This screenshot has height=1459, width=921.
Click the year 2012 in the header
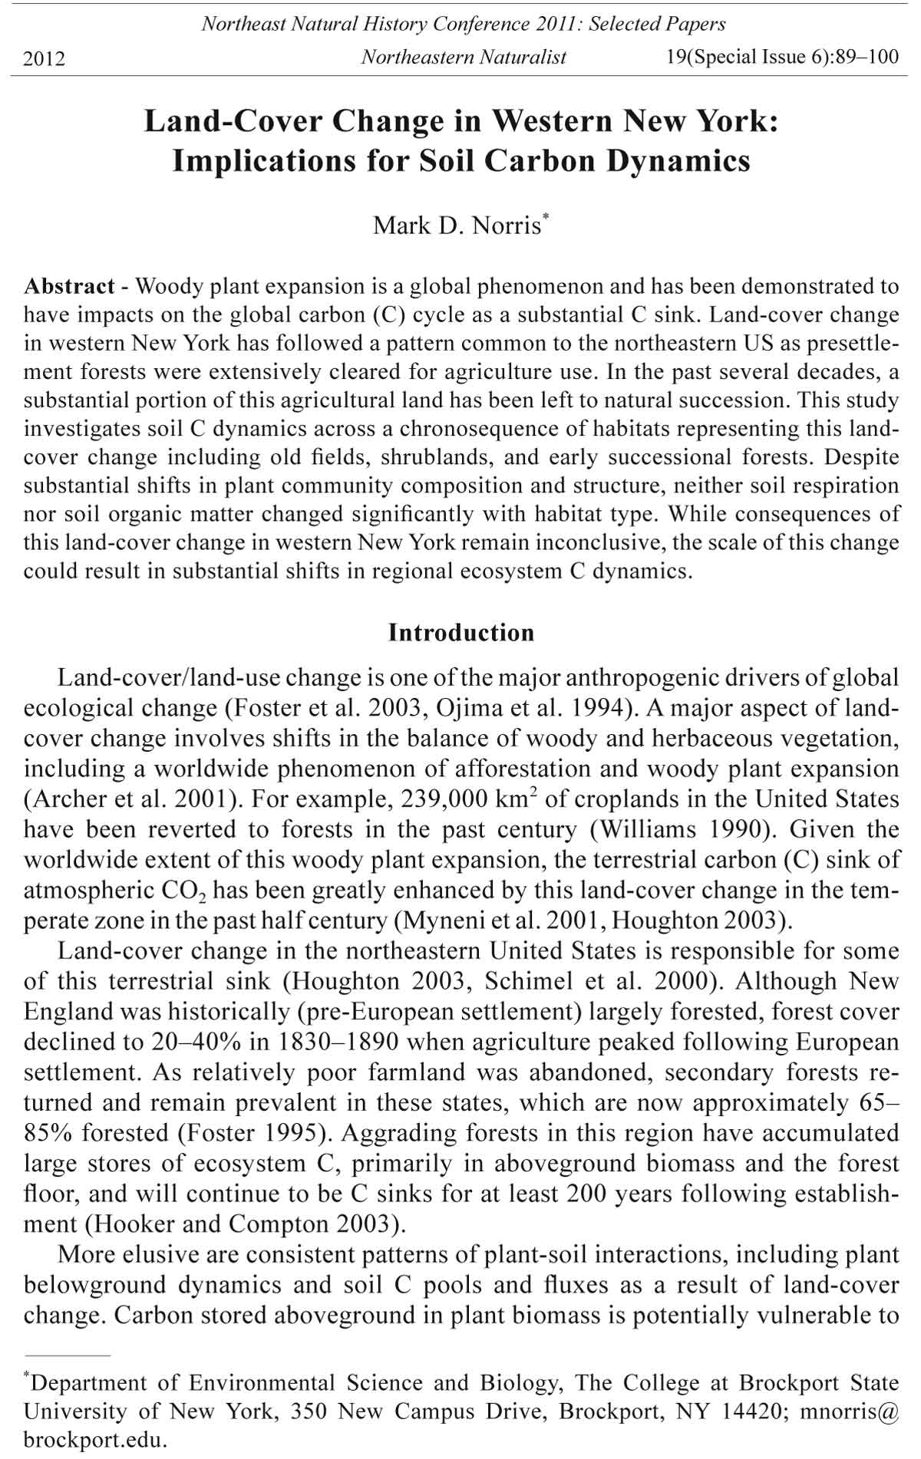(45, 58)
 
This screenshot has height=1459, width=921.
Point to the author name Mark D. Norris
(457, 226)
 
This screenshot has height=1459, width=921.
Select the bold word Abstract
(69, 287)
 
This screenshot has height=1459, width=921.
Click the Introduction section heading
(461, 633)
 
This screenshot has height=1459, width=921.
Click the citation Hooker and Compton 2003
(245, 1224)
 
